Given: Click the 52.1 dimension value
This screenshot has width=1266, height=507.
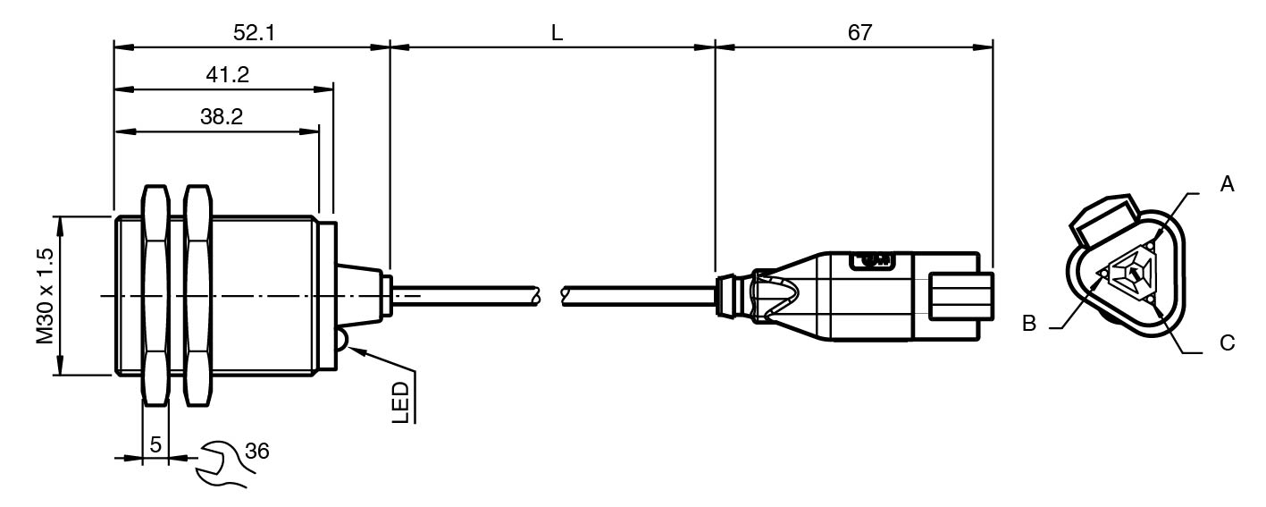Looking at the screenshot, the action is pos(254,33).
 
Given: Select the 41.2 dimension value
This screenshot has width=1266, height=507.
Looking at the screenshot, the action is pos(227,75).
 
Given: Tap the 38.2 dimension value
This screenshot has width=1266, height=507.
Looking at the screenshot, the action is pos(222,116).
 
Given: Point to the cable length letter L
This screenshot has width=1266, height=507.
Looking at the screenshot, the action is pos(558,33).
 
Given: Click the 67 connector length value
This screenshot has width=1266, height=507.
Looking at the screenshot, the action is pos(859,33).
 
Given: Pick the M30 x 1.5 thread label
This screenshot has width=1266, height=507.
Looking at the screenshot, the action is pos(46,296).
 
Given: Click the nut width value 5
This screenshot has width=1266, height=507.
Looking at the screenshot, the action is pos(155,444).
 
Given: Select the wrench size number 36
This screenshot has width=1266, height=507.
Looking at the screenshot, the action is pos(257,451).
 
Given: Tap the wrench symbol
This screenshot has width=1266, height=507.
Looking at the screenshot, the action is pos(221,464).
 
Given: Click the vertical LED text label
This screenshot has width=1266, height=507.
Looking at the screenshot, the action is pos(400,403).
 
